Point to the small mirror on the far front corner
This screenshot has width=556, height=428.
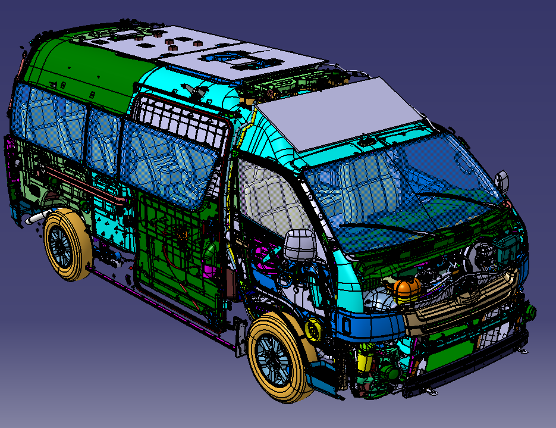(x=502, y=180)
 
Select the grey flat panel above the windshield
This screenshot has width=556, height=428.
(x=345, y=113)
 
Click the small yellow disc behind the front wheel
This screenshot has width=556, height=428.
(x=312, y=329)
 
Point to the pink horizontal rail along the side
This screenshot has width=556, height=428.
(x=65, y=178)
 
